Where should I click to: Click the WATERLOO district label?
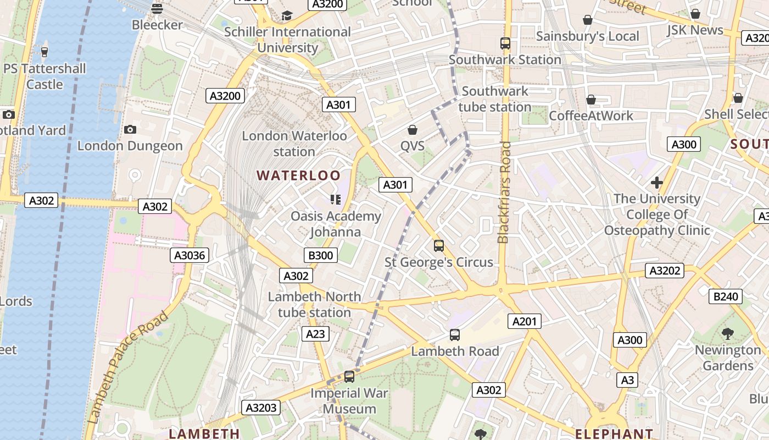[299, 175]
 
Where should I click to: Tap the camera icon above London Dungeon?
[130, 130]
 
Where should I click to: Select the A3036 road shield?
[189, 255]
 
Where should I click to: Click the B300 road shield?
[320, 255]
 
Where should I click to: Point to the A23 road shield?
[315, 334]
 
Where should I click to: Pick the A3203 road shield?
[261, 408]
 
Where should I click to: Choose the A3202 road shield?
[665, 271]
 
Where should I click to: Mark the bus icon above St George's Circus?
[438, 246]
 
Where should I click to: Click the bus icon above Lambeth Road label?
[454, 335]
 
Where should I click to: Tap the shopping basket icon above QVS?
[412, 130]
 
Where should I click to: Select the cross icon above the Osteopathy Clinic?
[656, 183]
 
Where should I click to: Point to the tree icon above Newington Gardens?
[728, 333]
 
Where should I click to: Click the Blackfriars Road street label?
[504, 193]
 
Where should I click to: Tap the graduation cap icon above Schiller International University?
[287, 15]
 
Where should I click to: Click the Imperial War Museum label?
[349, 401]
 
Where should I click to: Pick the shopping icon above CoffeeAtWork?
[591, 100]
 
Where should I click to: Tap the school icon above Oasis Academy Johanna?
[335, 200]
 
